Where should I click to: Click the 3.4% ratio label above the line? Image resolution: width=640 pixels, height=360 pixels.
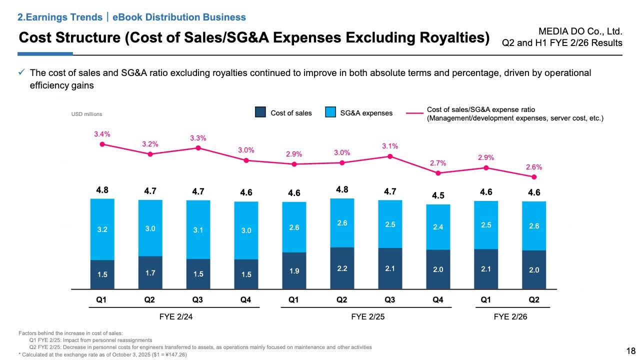pyautogui.click(x=102, y=134)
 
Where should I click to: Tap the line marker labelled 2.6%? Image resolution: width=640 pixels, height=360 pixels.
pyautogui.click(x=534, y=177)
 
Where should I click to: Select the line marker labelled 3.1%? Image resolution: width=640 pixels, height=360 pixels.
pyautogui.click(x=390, y=156)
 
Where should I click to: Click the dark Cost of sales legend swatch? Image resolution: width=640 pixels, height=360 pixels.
pyautogui.click(x=260, y=112)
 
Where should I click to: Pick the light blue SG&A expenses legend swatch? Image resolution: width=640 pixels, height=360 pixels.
pyautogui.click(x=330, y=112)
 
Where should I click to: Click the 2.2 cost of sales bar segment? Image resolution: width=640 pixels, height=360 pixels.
pyautogui.click(x=342, y=268)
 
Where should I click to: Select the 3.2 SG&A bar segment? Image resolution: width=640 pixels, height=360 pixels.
pyautogui.click(x=102, y=229)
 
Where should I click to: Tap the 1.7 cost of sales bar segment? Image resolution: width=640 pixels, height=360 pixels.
pyautogui.click(x=150, y=272)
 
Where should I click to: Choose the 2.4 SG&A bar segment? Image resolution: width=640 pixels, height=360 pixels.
pyautogui.click(x=438, y=227)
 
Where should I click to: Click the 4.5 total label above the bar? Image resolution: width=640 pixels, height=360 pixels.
pyautogui.click(x=438, y=195)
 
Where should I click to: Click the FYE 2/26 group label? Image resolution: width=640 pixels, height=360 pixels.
pyautogui.click(x=510, y=317)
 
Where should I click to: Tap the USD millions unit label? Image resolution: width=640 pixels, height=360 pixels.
pyautogui.click(x=87, y=114)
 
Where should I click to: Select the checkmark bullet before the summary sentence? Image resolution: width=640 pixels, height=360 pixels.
pyautogui.click(x=21, y=73)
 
